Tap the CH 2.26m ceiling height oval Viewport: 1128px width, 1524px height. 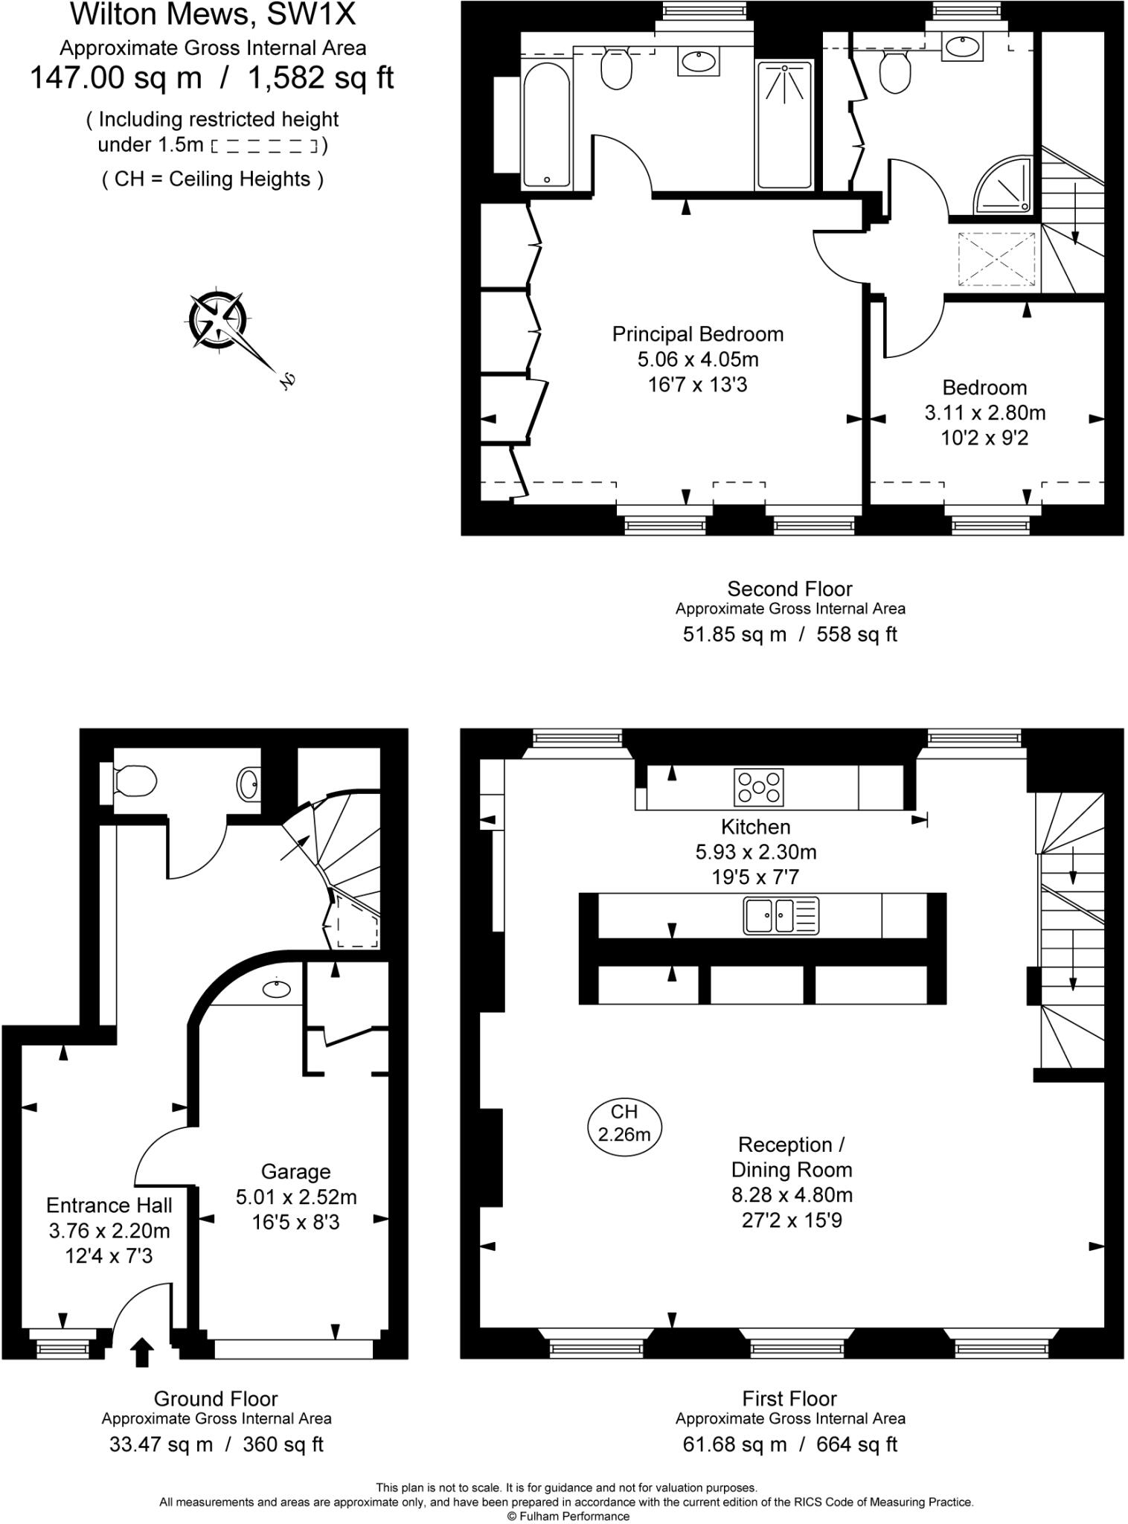pos(624,1123)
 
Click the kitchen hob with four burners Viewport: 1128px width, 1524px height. pos(758,787)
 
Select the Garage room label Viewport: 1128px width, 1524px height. pos(295,1171)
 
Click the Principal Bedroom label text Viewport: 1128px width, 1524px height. pos(697,334)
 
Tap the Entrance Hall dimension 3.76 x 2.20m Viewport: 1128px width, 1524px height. pos(109,1230)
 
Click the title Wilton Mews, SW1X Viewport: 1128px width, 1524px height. pos(212,14)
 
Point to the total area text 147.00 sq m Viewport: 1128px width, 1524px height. pos(116,77)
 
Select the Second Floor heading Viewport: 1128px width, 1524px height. pos(789,589)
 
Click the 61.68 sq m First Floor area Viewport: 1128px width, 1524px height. pos(734,1444)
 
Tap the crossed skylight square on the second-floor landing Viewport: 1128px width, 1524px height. pos(996,258)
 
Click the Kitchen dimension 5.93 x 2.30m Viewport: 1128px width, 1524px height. pos(755,851)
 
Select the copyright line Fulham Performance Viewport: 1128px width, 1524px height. pos(568,1516)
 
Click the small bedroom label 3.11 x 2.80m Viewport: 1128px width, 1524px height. pos(984,412)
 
